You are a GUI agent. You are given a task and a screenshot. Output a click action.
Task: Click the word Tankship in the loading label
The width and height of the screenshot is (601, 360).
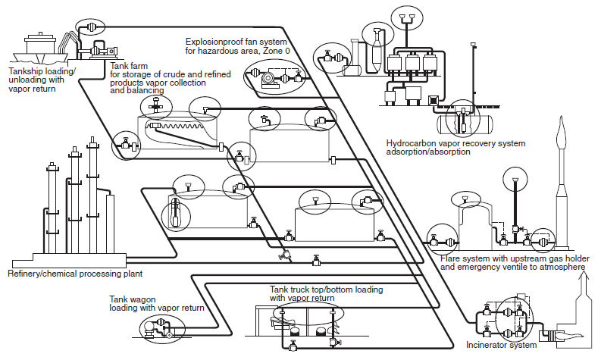pos(25,72)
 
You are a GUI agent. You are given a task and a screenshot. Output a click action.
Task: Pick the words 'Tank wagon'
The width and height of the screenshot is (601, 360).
pos(133,299)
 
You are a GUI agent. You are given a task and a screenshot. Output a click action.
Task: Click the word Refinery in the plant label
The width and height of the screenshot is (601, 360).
pos(23,274)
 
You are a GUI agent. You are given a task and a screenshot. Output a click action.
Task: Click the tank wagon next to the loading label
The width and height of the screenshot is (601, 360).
pos(149,329)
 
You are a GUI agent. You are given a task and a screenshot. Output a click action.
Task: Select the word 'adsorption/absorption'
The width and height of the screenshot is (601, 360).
pos(428,152)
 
